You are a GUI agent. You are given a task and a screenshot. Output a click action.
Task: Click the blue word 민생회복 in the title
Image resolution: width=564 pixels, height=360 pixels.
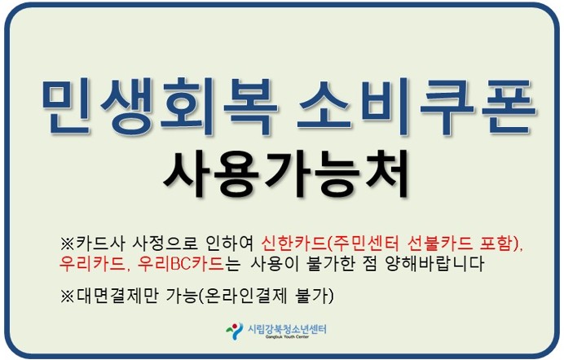coord(160,107)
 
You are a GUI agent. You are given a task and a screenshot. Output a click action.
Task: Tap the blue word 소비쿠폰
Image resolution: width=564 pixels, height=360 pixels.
coord(416,107)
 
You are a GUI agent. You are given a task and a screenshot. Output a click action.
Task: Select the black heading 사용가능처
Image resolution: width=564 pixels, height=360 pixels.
coord(286,173)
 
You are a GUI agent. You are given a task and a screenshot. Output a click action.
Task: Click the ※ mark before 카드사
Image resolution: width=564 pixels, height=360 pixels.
coord(68,244)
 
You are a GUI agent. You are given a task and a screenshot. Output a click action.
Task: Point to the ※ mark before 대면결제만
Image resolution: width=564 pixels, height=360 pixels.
coord(68,296)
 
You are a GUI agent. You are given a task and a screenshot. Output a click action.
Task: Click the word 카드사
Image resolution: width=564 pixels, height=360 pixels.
coord(100,244)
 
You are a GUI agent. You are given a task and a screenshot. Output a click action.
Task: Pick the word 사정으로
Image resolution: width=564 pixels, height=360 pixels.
coord(165,244)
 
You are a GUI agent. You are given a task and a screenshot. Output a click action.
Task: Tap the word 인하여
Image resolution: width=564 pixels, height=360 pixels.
coord(231,244)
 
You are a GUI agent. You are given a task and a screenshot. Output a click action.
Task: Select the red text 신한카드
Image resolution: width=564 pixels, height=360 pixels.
coord(293,244)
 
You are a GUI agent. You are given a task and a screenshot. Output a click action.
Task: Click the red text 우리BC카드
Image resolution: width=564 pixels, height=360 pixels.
coord(181,263)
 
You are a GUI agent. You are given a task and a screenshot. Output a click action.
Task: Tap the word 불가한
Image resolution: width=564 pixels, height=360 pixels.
coord(330,263)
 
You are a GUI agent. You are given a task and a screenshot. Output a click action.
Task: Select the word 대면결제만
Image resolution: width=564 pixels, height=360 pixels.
coord(117,296)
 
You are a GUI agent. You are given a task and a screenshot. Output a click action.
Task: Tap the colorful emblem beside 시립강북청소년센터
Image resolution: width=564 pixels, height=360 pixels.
coord(235,331)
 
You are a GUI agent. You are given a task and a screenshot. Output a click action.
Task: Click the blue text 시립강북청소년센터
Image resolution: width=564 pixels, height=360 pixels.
coord(287,328)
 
